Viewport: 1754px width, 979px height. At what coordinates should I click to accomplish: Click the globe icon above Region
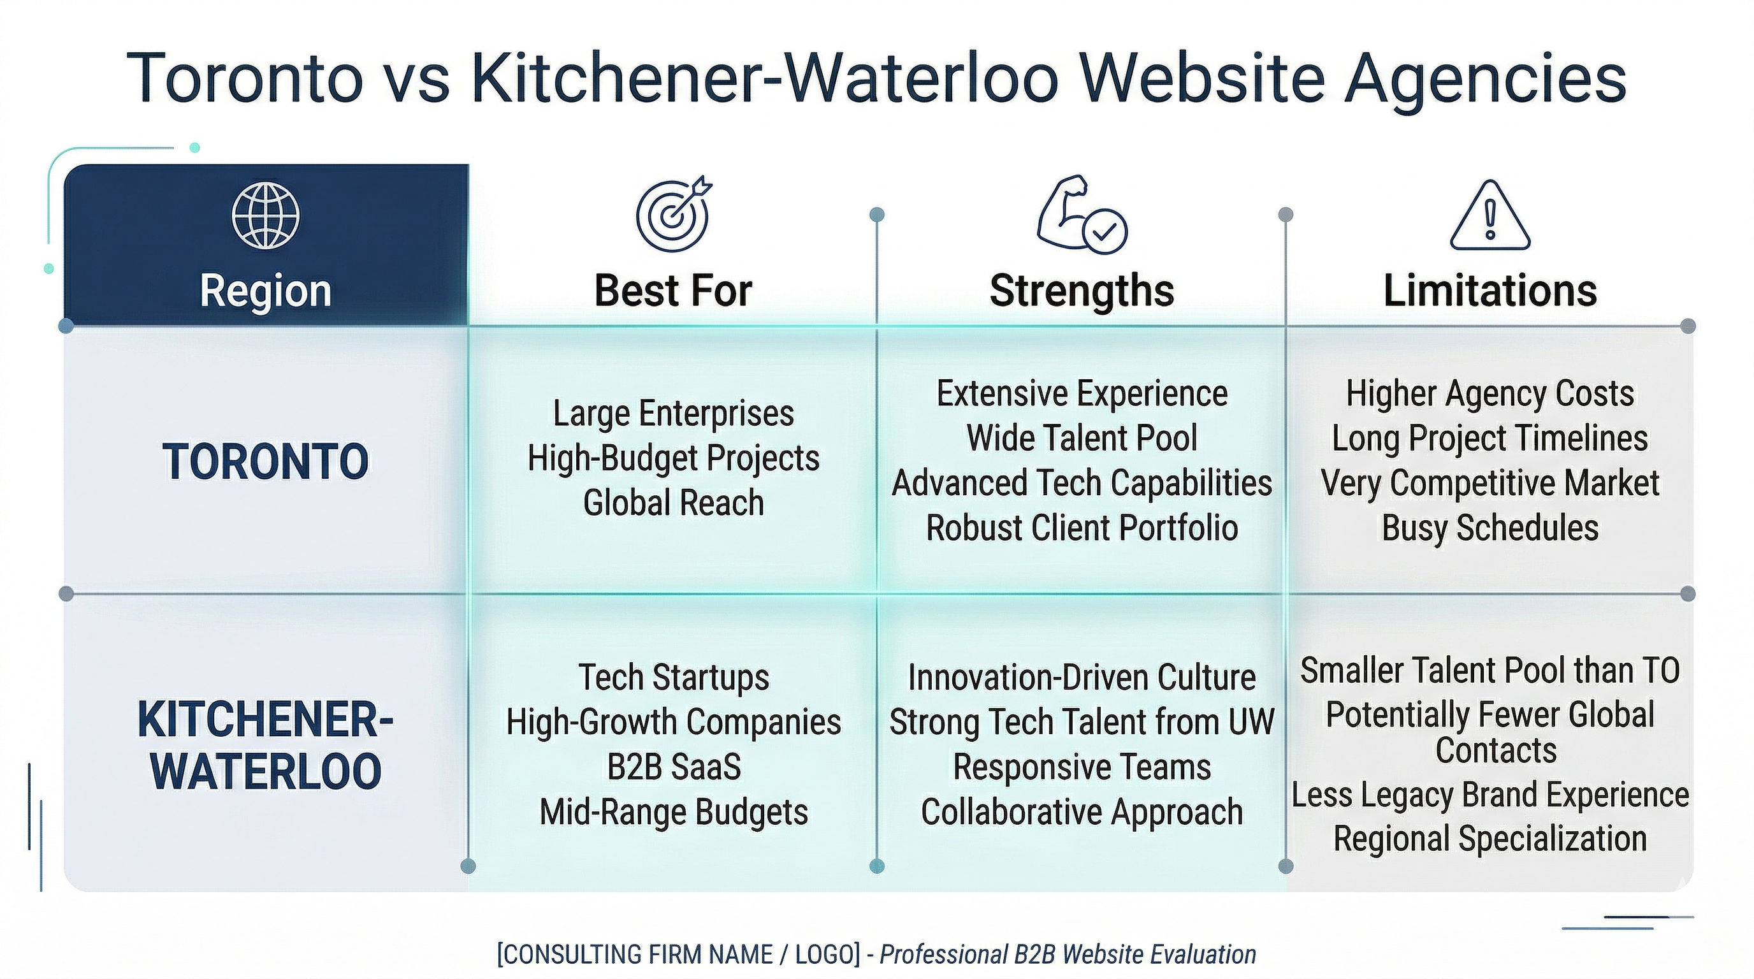click(x=266, y=216)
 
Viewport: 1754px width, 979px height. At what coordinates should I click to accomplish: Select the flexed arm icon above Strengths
click(x=1082, y=215)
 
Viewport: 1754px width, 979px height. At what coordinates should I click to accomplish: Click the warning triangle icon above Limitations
click(x=1489, y=215)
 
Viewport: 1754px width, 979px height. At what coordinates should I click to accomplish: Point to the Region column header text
click(x=266, y=291)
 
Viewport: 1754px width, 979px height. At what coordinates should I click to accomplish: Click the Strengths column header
click(x=1082, y=291)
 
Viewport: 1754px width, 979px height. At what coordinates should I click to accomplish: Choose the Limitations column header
click(x=1489, y=291)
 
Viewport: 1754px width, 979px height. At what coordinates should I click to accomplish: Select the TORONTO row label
click(x=266, y=461)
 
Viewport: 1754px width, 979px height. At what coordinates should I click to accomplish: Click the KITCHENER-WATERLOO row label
click(x=266, y=746)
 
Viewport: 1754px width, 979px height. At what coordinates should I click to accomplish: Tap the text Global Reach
click(x=674, y=502)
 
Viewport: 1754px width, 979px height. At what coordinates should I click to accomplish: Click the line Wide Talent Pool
click(x=1082, y=438)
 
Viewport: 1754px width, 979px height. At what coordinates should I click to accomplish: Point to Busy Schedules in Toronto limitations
click(x=1489, y=528)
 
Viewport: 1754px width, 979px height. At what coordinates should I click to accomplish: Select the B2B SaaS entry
click(x=674, y=767)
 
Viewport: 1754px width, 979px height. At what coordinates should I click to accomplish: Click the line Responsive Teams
click(x=1082, y=767)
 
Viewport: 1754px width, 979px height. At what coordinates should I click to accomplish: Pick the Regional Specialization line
click(x=1489, y=838)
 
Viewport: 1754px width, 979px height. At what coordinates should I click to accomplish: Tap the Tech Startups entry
click(x=674, y=678)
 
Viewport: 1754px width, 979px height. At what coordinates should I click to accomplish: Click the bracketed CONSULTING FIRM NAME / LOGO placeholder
click(x=679, y=955)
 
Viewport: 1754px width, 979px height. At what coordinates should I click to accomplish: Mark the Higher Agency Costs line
click(x=1489, y=393)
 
